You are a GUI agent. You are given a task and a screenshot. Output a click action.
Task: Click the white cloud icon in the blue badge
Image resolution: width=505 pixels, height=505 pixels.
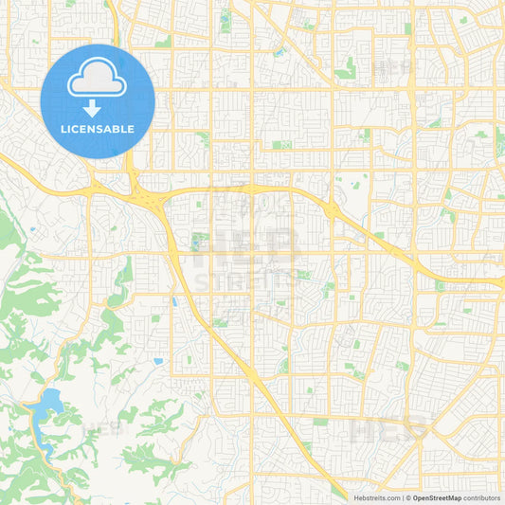tap(98, 81)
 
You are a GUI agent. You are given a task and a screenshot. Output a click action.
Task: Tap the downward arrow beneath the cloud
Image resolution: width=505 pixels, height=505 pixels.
tap(98, 107)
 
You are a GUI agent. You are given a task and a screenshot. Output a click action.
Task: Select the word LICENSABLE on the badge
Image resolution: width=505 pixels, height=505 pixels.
tap(98, 129)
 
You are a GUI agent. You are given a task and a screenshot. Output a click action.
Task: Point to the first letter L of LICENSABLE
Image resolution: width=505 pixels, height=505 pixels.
tap(63, 129)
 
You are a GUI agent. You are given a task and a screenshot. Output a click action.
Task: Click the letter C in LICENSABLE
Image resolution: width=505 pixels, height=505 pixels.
tap(78, 129)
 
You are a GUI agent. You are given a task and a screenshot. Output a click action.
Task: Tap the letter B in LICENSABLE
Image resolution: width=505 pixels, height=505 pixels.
tap(117, 129)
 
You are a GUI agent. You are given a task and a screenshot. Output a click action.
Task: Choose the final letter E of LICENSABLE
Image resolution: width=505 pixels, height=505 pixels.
tap(132, 129)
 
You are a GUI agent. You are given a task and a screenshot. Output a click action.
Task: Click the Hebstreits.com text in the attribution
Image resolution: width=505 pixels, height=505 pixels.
tap(377, 497)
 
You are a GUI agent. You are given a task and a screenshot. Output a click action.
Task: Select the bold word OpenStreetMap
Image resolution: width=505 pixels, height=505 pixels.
tap(442, 497)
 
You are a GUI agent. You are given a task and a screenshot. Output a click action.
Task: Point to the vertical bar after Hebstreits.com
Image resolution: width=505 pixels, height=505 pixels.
tap(404, 497)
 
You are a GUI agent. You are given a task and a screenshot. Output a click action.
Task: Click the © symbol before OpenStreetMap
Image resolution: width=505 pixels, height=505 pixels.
tap(409, 497)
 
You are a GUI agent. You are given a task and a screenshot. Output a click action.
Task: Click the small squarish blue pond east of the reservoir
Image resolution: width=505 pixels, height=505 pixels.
tap(157, 361)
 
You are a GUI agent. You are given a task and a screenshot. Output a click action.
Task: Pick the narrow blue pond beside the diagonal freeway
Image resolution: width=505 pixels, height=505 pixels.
tap(173, 302)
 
